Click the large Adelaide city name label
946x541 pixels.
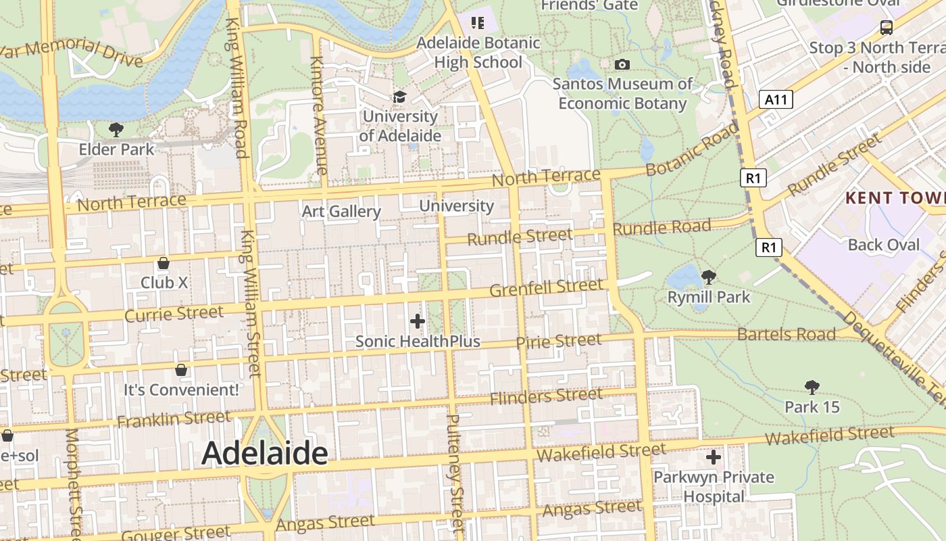coord(265,453)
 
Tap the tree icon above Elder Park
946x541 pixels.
coord(116,129)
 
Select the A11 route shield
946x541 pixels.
coord(775,100)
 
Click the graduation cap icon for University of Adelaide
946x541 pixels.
coord(400,97)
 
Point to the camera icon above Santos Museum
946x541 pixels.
coord(622,65)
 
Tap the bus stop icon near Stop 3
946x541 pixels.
coord(886,28)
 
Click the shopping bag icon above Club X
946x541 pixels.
coord(163,263)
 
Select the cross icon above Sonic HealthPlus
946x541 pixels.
coord(418,321)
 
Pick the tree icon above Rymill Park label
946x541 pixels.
coord(709,277)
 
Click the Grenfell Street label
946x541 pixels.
coord(546,288)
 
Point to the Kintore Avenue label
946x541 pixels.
coord(318,115)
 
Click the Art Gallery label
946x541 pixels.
coord(341,211)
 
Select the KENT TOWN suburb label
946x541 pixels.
coord(895,198)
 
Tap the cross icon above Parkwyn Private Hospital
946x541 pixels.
coord(714,458)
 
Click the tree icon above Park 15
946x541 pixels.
coord(812,387)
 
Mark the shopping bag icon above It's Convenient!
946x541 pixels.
coord(181,370)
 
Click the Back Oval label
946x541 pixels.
coord(884,245)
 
